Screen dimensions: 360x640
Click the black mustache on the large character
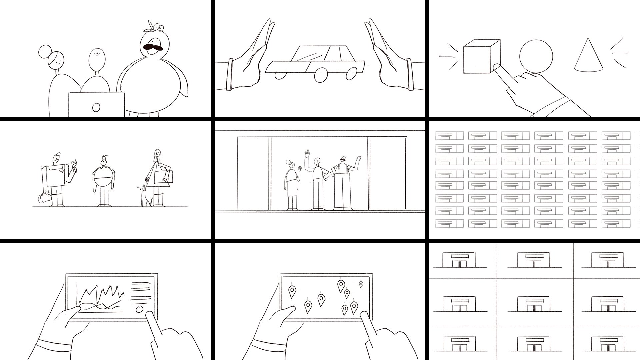tap(153, 46)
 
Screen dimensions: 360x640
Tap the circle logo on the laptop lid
tap(96, 107)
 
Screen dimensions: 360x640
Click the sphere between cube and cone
tap(536, 56)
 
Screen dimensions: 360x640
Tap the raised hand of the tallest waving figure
tap(307, 154)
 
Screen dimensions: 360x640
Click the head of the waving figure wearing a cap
tap(342, 160)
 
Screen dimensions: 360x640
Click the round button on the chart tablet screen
tap(140, 309)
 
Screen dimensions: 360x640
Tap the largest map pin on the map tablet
tap(341, 285)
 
